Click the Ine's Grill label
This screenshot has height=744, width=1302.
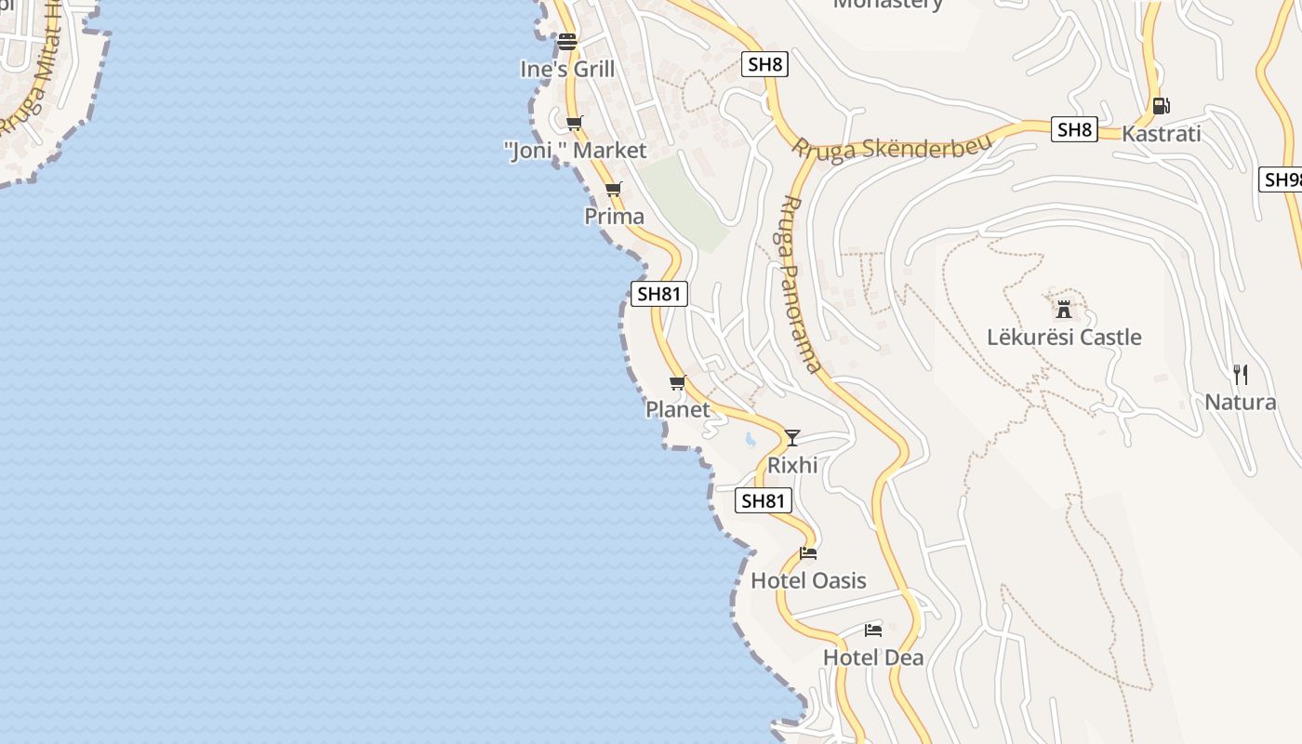[567, 69]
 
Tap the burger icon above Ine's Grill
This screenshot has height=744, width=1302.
[567, 42]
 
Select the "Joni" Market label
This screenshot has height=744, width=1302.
[575, 150]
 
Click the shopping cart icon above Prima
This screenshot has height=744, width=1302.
[613, 190]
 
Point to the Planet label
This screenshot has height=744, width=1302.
[678, 409]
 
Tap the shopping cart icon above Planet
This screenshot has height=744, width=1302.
[678, 383]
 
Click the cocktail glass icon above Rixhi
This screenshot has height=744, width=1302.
[792, 437]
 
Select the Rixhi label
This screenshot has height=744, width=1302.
[792, 465]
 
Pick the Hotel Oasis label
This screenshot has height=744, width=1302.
[808, 580]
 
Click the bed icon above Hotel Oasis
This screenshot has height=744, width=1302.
[808, 553]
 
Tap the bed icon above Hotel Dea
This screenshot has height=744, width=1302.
[873, 631]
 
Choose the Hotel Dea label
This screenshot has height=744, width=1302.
[873, 658]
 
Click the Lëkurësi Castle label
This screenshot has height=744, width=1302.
[1064, 337]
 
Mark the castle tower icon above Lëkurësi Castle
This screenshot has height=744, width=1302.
[1064, 309]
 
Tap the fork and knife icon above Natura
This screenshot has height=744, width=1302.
[1240, 375]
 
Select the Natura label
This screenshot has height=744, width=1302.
[1240, 402]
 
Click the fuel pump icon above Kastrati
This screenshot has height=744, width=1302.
[1161, 106]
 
